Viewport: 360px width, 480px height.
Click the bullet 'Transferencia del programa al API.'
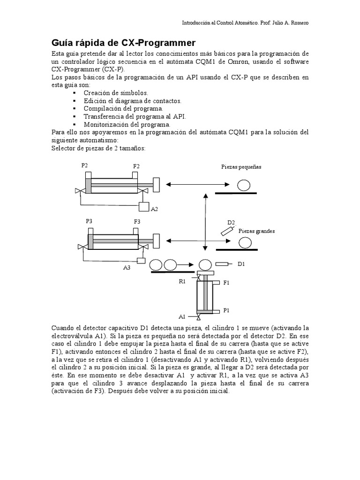pyautogui.click(x=135, y=117)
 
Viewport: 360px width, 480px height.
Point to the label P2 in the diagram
pyautogui.click(x=84, y=165)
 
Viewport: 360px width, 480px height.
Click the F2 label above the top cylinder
pyautogui.click(x=136, y=166)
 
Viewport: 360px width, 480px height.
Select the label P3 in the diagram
pyautogui.click(x=89, y=221)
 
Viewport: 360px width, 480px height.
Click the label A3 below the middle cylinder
pyautogui.click(x=127, y=268)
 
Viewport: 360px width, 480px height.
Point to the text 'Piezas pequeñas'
pyautogui.click(x=241, y=166)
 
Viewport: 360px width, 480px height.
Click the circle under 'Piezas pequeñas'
pyautogui.click(x=243, y=186)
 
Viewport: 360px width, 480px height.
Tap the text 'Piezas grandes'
pyautogui.click(x=256, y=231)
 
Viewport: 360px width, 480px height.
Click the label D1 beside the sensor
pyautogui.click(x=241, y=264)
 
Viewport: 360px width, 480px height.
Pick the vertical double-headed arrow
pyautogui.click(x=205, y=222)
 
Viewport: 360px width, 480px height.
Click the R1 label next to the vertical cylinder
pyautogui.click(x=182, y=281)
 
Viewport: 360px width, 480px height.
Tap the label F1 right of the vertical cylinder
pyautogui.click(x=226, y=283)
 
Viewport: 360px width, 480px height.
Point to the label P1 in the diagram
pyautogui.click(x=226, y=310)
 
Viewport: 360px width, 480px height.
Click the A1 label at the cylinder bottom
pyautogui.click(x=182, y=316)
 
